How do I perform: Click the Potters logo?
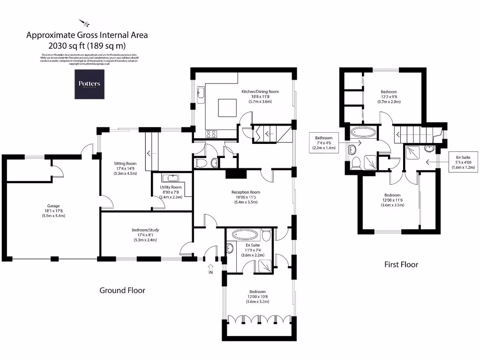pyautogui.click(x=89, y=84)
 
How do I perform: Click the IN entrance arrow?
pyautogui.click(x=210, y=269)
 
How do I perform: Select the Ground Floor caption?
pyautogui.click(x=122, y=290)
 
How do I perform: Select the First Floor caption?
pyautogui.click(x=401, y=264)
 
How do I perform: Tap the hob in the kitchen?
pyautogui.click(x=211, y=133)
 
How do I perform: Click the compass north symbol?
pyautogui.click(x=86, y=22)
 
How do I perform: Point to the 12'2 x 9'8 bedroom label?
pyautogui.click(x=389, y=97)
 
